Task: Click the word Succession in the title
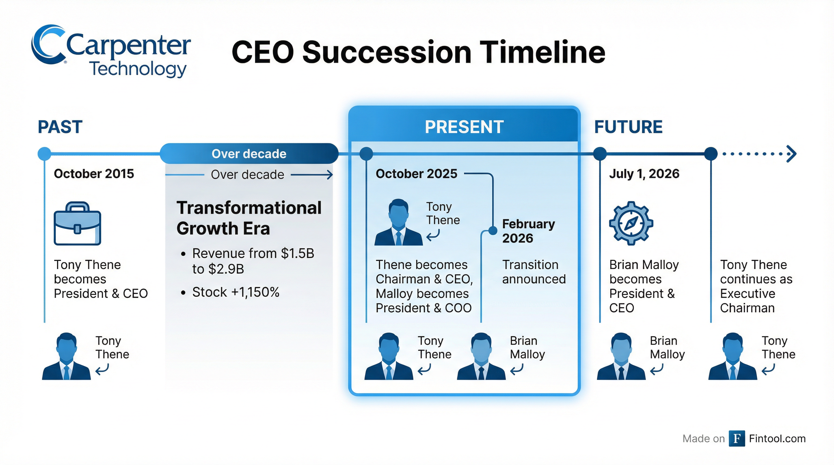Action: click(387, 52)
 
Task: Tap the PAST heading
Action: click(60, 127)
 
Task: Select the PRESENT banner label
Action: click(464, 127)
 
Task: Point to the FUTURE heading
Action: click(628, 127)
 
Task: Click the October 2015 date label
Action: click(94, 174)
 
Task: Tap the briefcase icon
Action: click(77, 223)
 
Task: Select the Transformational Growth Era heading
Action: click(249, 218)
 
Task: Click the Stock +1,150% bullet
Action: click(235, 292)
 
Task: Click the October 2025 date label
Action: click(416, 174)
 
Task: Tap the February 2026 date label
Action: click(529, 231)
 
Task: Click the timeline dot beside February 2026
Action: click(492, 231)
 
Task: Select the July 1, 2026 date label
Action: click(644, 174)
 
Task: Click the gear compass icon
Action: click(631, 223)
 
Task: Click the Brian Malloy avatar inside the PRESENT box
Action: click(481, 356)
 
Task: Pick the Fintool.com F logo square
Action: click(736, 438)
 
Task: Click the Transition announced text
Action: click(534, 272)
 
